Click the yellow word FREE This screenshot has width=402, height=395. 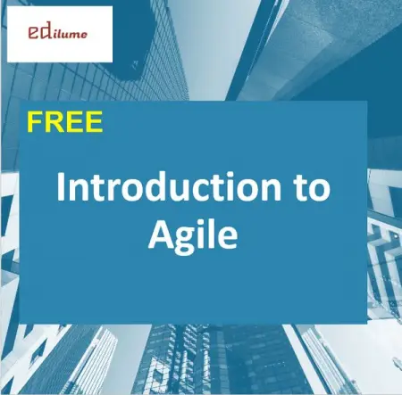(x=65, y=122)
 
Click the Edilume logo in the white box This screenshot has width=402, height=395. (x=60, y=33)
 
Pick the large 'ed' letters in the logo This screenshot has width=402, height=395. (x=38, y=33)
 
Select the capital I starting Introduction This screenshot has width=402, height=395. (x=62, y=189)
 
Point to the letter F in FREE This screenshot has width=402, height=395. (x=35, y=122)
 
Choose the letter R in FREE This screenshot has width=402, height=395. (x=55, y=122)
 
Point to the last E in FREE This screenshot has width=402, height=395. (x=96, y=122)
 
